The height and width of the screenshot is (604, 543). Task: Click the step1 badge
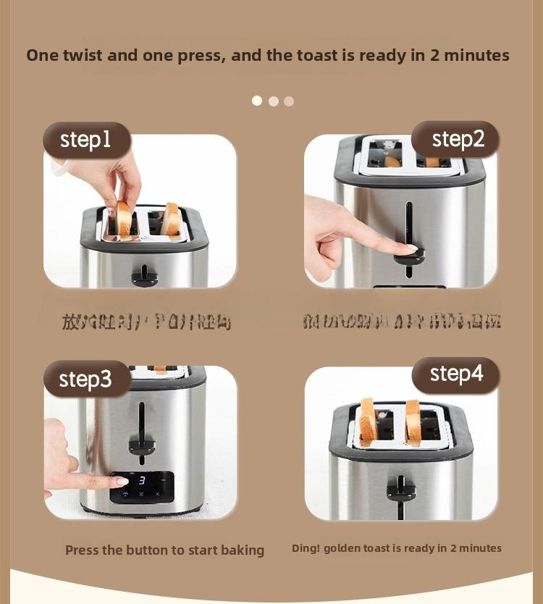tap(86, 140)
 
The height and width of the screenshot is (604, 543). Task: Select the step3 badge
tap(85, 379)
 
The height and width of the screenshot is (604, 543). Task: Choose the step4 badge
tap(456, 374)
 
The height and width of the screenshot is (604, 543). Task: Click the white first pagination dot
tap(257, 101)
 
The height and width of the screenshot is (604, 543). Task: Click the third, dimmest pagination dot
tap(289, 101)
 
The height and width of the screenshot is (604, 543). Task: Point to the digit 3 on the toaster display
tap(142, 480)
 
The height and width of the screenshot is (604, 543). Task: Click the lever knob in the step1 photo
tap(145, 276)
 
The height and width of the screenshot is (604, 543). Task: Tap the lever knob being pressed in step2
tap(410, 254)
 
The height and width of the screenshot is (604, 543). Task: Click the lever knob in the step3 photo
tap(142, 444)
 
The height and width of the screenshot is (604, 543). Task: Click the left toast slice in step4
tap(369, 422)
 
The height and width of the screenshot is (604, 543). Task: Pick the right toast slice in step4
tap(413, 422)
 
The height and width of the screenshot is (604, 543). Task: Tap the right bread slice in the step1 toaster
tap(172, 219)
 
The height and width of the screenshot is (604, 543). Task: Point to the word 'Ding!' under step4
tap(306, 548)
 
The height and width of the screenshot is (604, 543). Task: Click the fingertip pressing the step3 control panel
tap(118, 480)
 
